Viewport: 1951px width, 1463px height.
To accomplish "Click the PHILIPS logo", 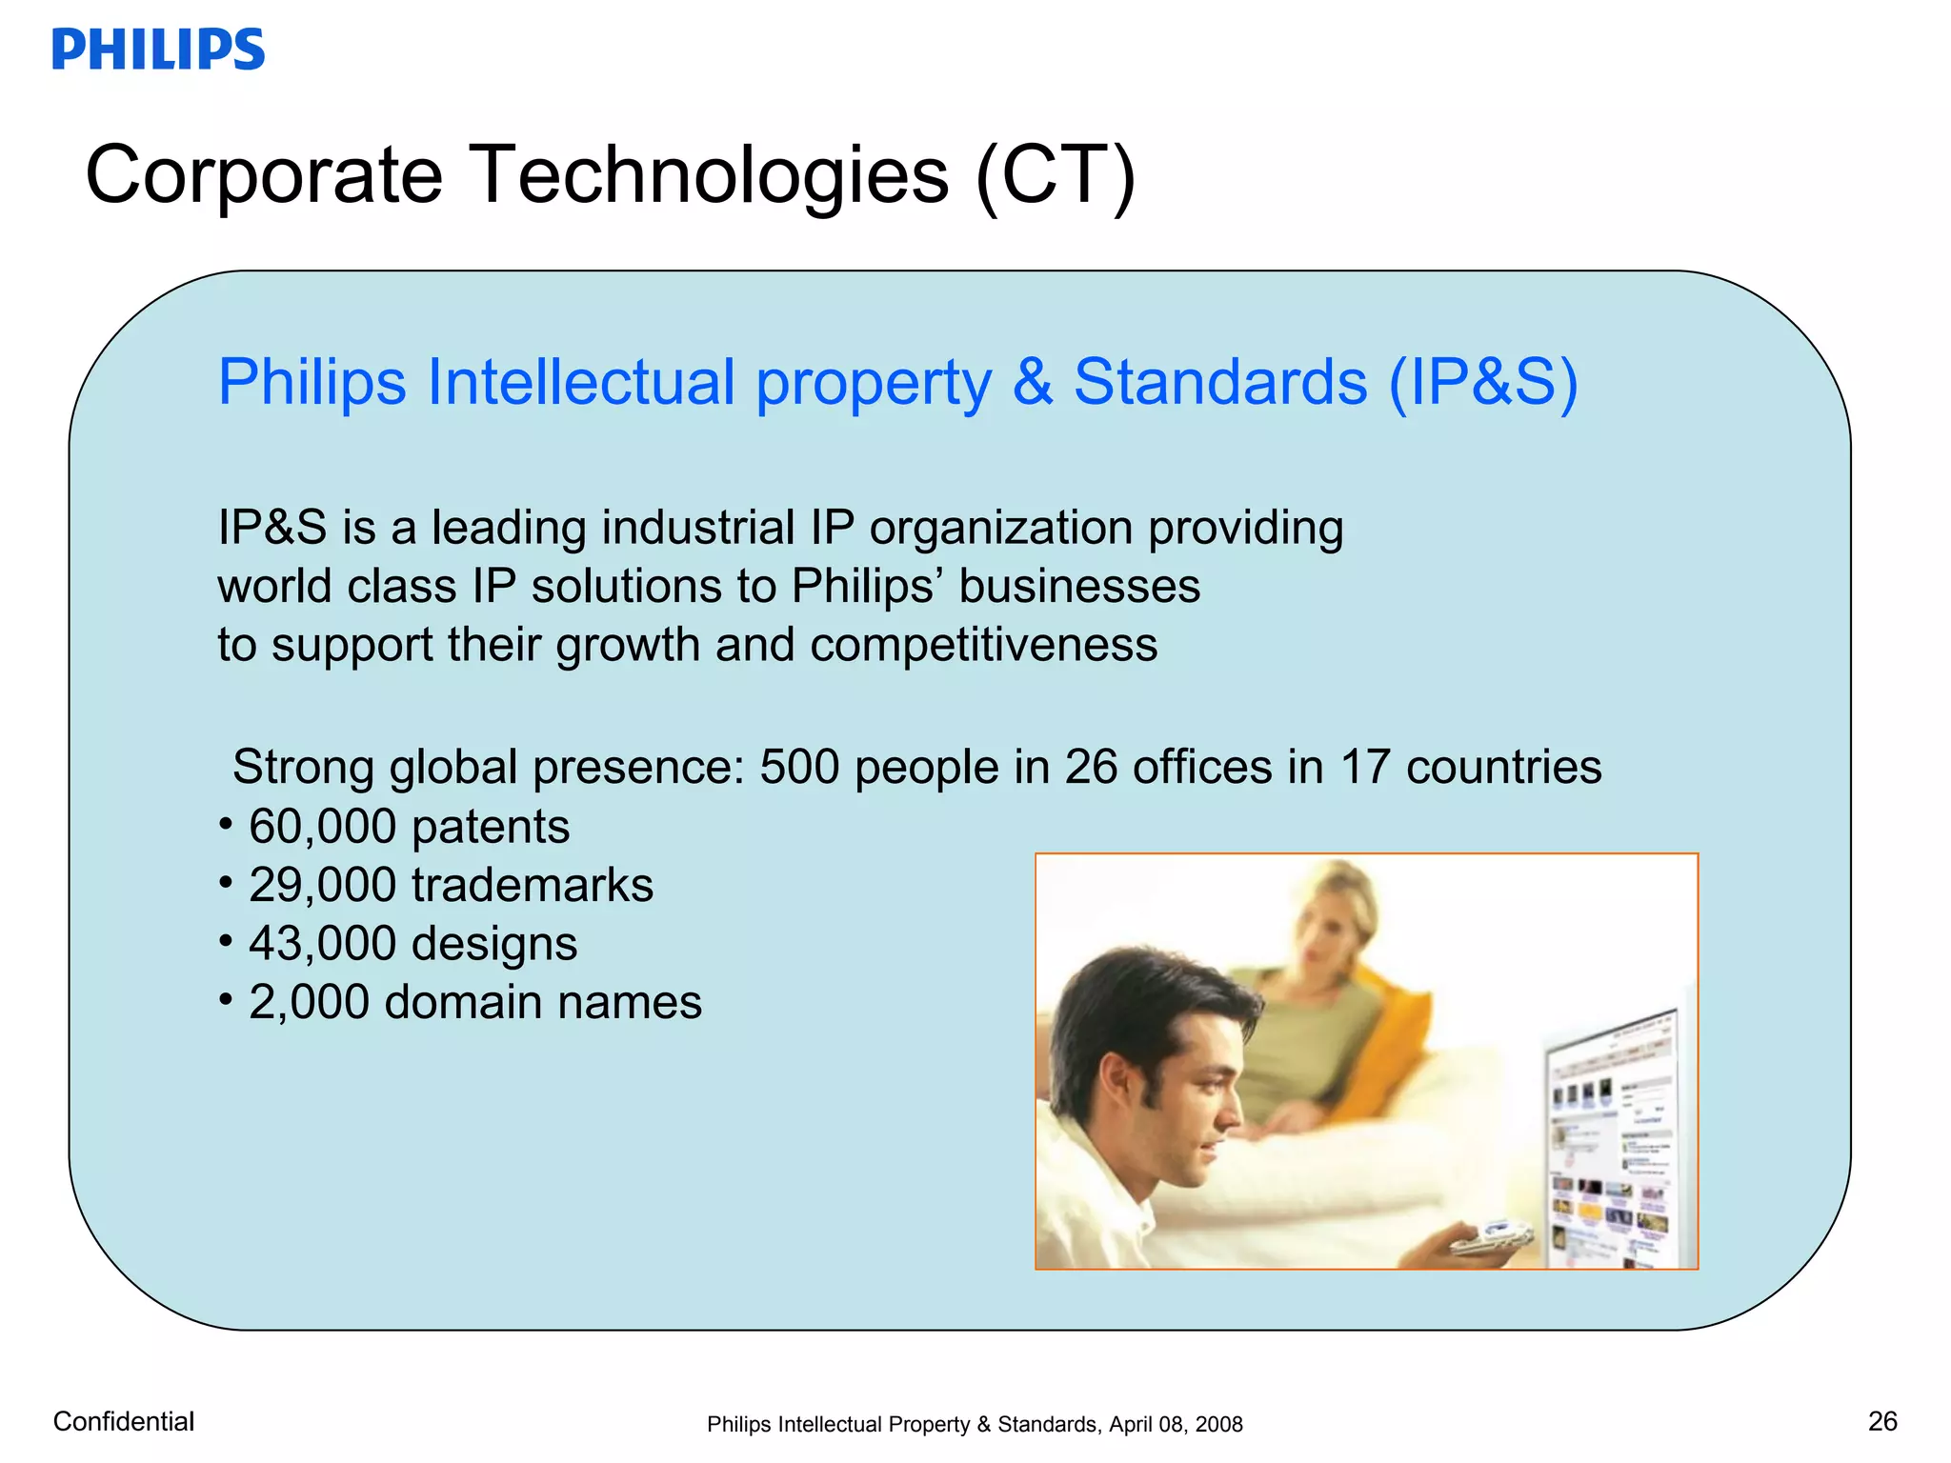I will (158, 50).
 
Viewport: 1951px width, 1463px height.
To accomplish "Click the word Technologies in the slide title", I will (710, 175).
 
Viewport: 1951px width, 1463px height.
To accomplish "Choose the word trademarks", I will (532, 886).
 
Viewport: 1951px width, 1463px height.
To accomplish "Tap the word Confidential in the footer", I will (124, 1421).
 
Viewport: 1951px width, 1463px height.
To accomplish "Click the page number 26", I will (1882, 1421).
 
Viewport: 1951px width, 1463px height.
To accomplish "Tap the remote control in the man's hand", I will (1491, 1238).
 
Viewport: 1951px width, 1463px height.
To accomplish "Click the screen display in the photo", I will (1610, 1143).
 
